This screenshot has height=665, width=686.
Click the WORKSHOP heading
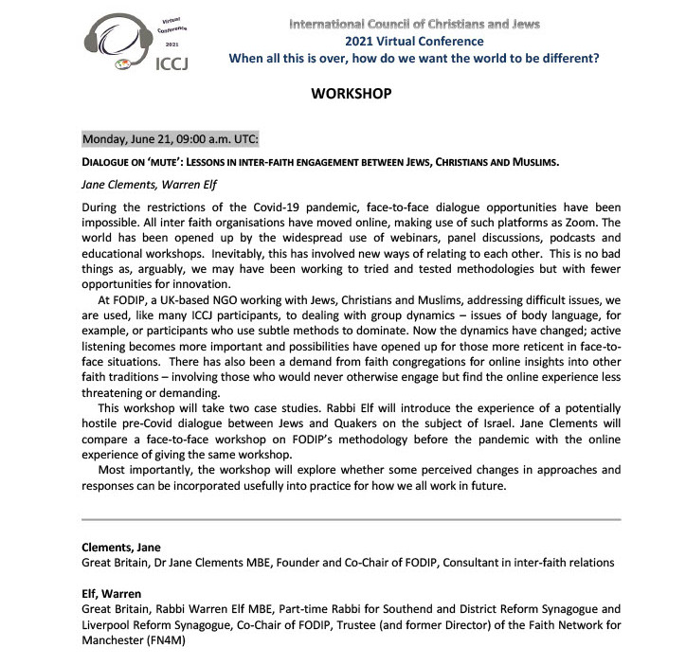pyautogui.click(x=351, y=95)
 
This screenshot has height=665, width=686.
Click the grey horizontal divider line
pyautogui.click(x=351, y=519)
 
